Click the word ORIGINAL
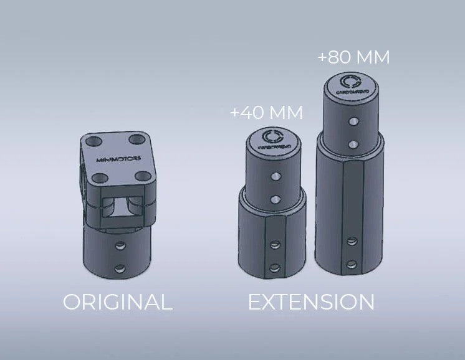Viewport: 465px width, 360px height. click(117, 302)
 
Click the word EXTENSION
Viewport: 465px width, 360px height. click(311, 302)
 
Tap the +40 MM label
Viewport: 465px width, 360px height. click(266, 113)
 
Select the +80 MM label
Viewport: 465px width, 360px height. click(353, 57)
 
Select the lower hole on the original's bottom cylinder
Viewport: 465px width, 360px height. click(120, 268)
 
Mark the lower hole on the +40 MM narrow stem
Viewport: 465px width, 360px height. click(275, 199)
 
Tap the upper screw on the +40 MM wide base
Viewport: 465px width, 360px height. click(273, 245)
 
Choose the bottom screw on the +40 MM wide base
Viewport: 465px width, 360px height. click(273, 268)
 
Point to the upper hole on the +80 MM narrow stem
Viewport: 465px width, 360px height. click(353, 122)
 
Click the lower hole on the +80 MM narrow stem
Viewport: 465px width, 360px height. click(353, 144)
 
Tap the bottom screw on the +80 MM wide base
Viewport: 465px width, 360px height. click(353, 263)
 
